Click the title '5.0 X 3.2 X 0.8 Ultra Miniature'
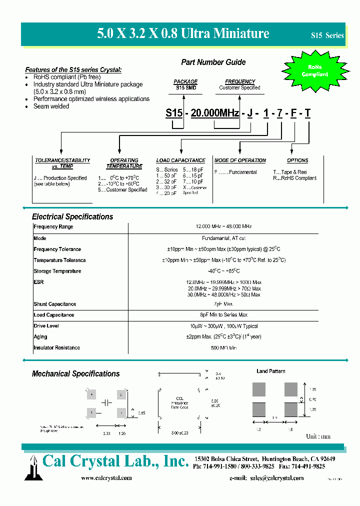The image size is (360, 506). click(183, 34)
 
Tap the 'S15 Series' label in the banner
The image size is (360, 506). click(327, 35)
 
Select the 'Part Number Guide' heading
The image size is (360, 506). click(213, 62)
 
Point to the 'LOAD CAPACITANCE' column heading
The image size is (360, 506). click(180, 160)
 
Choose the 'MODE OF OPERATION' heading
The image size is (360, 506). click(240, 160)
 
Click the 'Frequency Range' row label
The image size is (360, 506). click(53, 227)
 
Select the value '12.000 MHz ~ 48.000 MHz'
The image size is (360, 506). click(223, 227)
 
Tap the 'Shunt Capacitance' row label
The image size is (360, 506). click(55, 304)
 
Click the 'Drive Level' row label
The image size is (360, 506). click(46, 326)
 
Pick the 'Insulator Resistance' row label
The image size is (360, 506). click(56, 348)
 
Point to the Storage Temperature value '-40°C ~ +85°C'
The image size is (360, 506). click(223, 271)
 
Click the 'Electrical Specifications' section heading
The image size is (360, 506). click(72, 216)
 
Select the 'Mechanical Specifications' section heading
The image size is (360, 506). click(76, 373)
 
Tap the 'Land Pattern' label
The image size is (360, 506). click(271, 371)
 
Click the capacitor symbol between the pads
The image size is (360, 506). click(106, 402)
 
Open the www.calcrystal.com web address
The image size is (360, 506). click(106, 478)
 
